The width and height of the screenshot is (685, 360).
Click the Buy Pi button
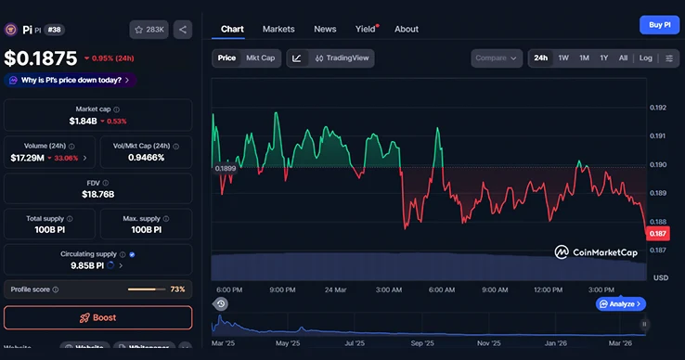(659, 25)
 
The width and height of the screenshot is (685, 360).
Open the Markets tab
(278, 29)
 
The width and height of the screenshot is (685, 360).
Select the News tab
(325, 29)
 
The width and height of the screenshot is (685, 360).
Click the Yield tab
(365, 29)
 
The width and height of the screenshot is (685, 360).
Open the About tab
(407, 29)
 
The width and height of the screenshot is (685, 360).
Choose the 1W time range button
(563, 58)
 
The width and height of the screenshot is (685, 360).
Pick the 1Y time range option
(603, 58)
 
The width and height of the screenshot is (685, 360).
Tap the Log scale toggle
(646, 58)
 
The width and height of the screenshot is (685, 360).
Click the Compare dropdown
(497, 58)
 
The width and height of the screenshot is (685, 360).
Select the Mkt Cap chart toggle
(260, 58)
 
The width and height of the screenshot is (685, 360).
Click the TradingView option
(342, 58)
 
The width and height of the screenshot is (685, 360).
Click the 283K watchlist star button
(149, 30)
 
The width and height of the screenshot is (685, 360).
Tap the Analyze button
(620, 303)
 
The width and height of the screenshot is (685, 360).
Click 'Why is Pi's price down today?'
(71, 80)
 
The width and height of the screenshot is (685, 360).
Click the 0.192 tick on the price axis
(659, 108)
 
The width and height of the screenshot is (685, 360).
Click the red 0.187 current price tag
(658, 234)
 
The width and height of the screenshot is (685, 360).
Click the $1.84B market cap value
(86, 121)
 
